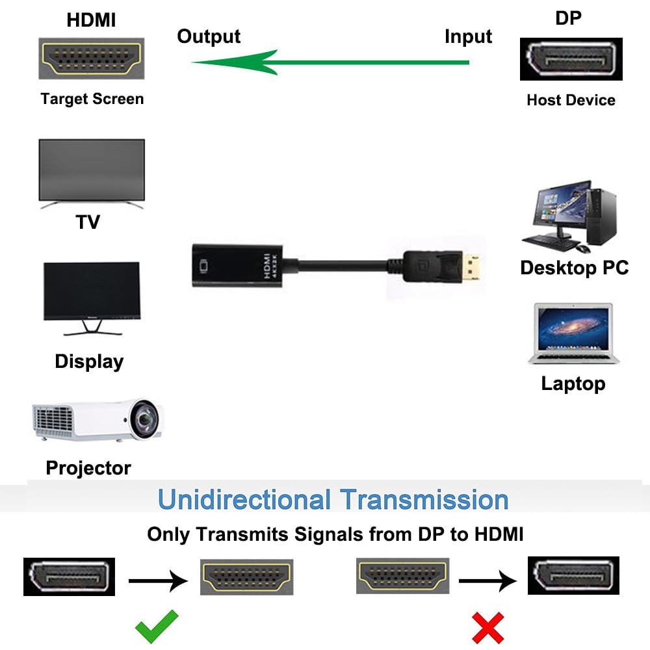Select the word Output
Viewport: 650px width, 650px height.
pos(209,36)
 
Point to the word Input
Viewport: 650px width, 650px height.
pos(468,36)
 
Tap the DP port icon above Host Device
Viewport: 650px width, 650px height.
pos(571,59)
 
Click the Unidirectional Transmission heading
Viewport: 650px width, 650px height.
pos(333,499)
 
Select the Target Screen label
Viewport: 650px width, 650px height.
pos(92,99)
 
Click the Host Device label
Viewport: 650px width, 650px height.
pos(571,100)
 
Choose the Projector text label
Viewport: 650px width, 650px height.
pos(88,468)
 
